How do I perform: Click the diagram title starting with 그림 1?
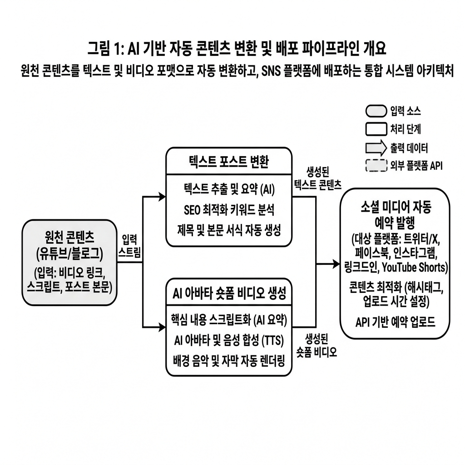237,49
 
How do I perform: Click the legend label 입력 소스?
406,111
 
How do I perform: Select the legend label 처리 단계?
406,129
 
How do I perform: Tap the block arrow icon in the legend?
376,148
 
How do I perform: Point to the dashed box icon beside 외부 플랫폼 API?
376,166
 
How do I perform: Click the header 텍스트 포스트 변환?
229,162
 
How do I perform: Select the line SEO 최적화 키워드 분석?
229,210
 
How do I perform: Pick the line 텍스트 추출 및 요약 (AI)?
229,189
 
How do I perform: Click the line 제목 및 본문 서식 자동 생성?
229,230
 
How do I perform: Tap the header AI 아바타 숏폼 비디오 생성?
229,293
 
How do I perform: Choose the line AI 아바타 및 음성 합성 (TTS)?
229,341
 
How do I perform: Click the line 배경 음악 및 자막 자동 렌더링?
229,361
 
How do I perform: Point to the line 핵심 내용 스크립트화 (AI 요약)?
229,320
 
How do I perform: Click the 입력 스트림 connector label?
129,246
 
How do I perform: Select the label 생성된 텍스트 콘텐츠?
317,178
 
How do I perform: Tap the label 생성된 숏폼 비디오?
317,346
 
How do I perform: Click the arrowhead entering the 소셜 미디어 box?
336,264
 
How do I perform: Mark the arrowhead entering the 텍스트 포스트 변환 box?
162,196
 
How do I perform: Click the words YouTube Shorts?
414,267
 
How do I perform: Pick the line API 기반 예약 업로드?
395,322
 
